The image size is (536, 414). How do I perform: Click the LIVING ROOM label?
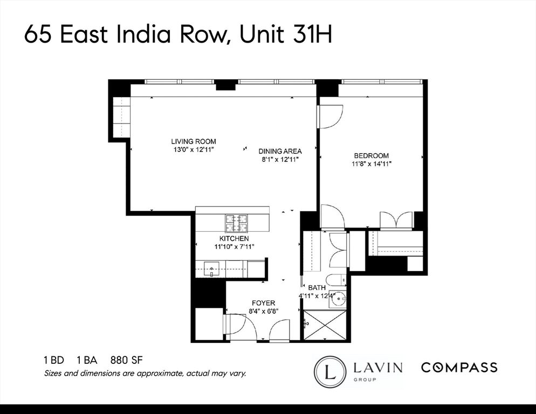(194, 142)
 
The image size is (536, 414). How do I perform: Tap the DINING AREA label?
(280, 151)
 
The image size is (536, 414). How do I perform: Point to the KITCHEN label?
(233, 238)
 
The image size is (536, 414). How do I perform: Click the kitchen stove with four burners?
(236, 220)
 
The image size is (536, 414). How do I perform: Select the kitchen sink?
(211, 268)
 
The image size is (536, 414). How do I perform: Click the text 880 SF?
(126, 360)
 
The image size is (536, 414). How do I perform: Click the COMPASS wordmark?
(459, 368)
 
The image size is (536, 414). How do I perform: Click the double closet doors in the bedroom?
(396, 220)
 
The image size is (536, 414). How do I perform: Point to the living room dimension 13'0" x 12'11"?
(194, 149)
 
